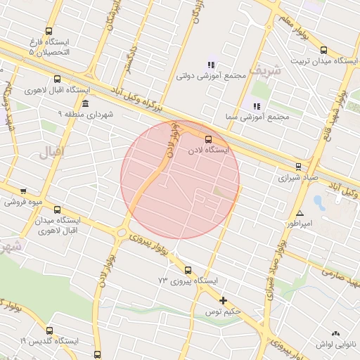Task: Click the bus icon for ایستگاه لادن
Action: pos(207,139)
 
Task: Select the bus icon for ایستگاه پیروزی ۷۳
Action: pos(188,270)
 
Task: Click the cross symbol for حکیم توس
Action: pos(224,300)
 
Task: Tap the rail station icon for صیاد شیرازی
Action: pos(298,167)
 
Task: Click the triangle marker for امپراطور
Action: pos(300,213)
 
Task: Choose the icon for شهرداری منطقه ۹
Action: pos(85,103)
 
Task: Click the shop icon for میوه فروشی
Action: pos(24,191)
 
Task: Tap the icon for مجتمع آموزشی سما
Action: pos(257,106)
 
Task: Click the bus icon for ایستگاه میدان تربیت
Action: pos(323,50)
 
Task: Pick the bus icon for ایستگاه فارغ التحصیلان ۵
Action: pos(49,32)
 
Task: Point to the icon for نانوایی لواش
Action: pos(335,333)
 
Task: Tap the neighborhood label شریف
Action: pos(269,70)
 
